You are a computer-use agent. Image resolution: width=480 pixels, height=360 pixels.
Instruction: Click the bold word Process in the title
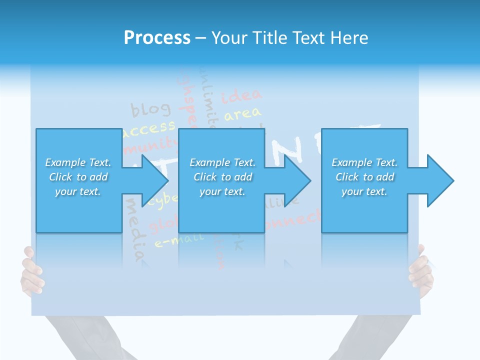click(x=157, y=38)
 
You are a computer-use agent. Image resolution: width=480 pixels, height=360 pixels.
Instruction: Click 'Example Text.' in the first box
click(x=78, y=162)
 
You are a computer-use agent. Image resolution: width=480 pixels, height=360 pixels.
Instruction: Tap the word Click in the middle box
click(x=205, y=177)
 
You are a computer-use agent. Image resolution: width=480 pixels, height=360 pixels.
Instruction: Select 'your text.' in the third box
click(x=364, y=191)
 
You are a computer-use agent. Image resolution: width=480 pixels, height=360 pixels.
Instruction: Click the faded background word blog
click(x=150, y=108)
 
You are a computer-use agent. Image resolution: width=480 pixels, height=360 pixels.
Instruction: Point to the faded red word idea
click(x=241, y=95)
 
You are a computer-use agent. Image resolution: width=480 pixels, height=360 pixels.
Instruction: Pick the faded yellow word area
click(x=242, y=114)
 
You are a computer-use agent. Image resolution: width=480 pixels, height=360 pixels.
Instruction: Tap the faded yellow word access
click(x=149, y=128)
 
